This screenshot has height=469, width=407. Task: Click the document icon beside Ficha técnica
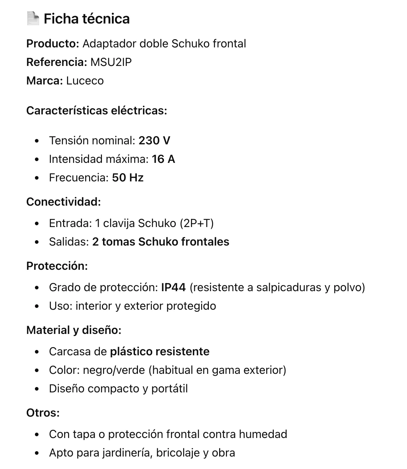33,19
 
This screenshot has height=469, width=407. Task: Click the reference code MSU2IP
111,62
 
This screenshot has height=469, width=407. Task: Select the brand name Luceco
85,81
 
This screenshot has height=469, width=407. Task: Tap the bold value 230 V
154,141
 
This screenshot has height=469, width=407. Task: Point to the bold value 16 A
163,159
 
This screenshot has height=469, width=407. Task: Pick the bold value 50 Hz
128,178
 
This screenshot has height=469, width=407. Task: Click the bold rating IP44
173,288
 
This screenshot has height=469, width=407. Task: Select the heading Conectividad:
63,202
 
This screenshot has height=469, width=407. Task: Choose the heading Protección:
57,266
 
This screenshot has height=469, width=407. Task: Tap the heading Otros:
43,413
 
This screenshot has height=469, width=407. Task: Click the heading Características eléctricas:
97,111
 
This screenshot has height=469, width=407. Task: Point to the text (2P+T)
197,223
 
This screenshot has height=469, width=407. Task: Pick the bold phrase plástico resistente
160,352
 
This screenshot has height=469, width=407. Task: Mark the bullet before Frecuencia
37,178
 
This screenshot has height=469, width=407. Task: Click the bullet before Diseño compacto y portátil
37,389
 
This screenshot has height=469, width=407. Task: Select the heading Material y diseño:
74,330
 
